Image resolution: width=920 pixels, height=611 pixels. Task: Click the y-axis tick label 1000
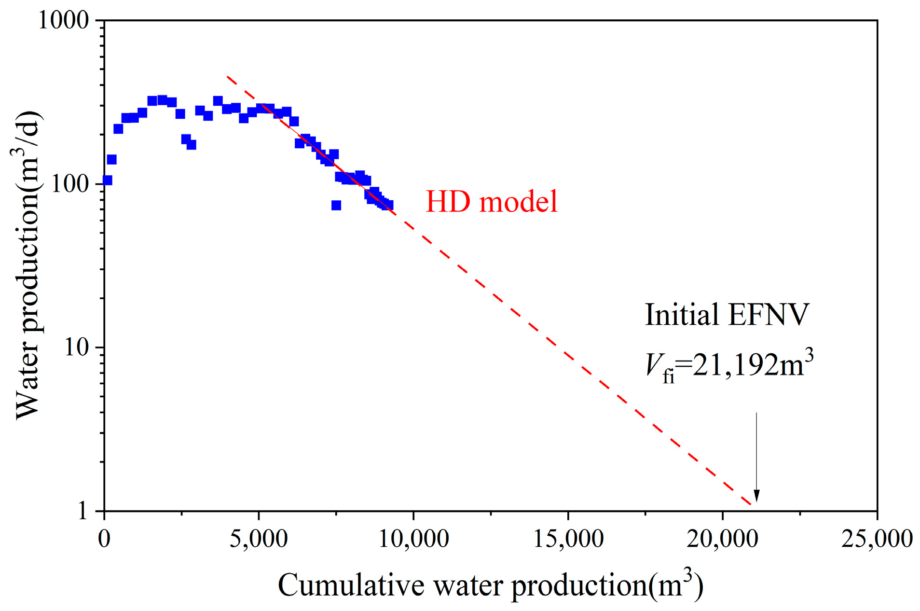click(x=64, y=20)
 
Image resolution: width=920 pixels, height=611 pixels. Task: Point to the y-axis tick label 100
click(x=70, y=184)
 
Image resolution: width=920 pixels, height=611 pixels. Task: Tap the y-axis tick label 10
click(x=77, y=347)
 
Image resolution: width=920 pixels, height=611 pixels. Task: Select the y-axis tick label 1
click(x=82, y=511)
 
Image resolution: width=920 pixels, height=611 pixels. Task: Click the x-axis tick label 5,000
click(x=259, y=539)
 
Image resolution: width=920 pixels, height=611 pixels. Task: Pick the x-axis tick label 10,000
click(x=413, y=539)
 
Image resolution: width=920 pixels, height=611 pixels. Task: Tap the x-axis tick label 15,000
click(x=568, y=539)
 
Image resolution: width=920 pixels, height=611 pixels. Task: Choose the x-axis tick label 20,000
click(x=722, y=539)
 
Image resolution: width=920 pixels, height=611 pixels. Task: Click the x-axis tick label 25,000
click(x=877, y=539)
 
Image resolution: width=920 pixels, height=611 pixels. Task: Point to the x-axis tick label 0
click(x=104, y=539)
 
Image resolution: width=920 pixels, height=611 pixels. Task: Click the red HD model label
click(x=491, y=202)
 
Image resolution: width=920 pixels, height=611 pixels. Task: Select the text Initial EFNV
click(x=727, y=315)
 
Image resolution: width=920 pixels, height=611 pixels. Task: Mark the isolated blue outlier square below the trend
click(x=336, y=205)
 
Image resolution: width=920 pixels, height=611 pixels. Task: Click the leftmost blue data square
click(x=108, y=180)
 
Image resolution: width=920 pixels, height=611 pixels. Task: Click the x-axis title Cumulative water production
click(x=490, y=585)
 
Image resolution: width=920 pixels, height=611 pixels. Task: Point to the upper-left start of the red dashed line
click(x=228, y=77)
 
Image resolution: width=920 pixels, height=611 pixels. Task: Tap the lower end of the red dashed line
click(x=751, y=505)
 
